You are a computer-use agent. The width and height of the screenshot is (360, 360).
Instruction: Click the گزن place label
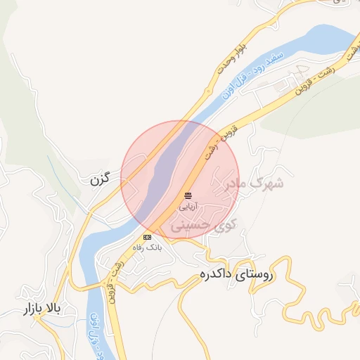click(101, 180)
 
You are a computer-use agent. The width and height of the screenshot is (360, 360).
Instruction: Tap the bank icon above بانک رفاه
click(148, 238)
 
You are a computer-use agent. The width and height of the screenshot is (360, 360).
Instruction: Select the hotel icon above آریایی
click(188, 195)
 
